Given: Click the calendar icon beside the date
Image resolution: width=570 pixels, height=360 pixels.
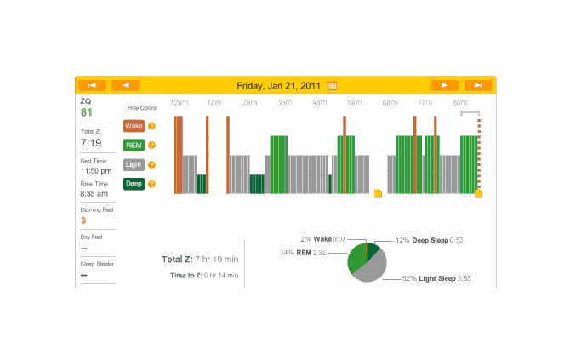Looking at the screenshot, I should click(332, 85).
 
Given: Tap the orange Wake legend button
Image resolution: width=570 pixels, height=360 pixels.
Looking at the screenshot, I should click(134, 126).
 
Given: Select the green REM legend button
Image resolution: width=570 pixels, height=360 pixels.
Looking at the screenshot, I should click(134, 145).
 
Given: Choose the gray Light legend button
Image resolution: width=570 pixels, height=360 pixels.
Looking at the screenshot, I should click(134, 164).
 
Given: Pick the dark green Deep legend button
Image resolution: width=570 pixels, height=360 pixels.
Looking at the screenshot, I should click(134, 183).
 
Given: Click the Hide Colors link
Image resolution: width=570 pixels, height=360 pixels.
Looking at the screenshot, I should click(142, 108).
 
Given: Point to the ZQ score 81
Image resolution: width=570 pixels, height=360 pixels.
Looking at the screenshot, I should click(87, 112).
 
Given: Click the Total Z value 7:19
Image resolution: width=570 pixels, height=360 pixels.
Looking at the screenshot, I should click(91, 143).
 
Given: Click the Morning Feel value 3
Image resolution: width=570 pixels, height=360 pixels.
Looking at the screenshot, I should click(83, 220).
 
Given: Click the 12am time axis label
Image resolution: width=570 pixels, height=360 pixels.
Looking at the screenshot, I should click(179, 102).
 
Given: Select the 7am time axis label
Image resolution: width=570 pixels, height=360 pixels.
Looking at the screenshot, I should click(425, 102).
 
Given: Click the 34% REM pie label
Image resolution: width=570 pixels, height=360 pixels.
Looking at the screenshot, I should click(305, 253).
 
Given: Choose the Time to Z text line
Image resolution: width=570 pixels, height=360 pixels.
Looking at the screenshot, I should click(204, 276).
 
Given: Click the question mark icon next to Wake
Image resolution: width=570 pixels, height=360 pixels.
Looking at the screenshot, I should click(151, 126).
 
